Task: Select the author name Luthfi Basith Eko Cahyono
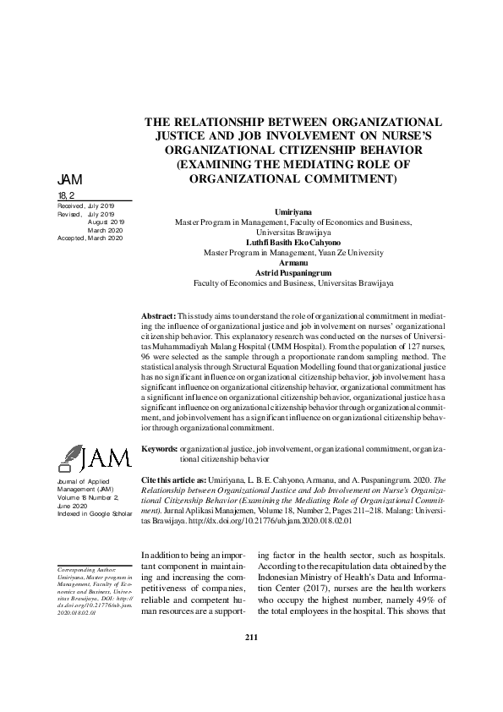click(293, 242)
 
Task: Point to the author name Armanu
click(293, 263)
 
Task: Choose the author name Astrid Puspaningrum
click(293, 273)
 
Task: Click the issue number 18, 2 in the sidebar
click(65, 196)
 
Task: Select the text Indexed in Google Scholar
click(90, 513)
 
